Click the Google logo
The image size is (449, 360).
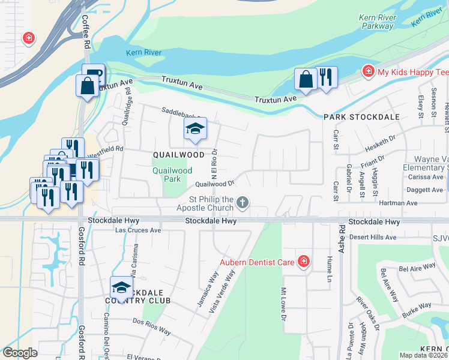click(20, 353)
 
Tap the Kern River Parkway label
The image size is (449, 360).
click(377, 22)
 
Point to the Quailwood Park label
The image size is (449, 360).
click(172, 175)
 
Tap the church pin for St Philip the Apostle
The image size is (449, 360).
click(243, 202)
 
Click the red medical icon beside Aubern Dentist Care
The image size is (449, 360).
click(304, 262)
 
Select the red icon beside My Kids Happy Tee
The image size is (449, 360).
click(367, 72)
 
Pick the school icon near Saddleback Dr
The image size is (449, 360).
click(195, 129)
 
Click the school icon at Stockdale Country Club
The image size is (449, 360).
click(121, 287)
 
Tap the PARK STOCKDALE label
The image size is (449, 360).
click(361, 117)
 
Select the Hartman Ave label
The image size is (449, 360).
click(398, 203)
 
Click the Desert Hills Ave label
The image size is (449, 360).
click(373, 237)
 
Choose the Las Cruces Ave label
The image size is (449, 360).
click(138, 230)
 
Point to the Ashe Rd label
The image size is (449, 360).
click(341, 238)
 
